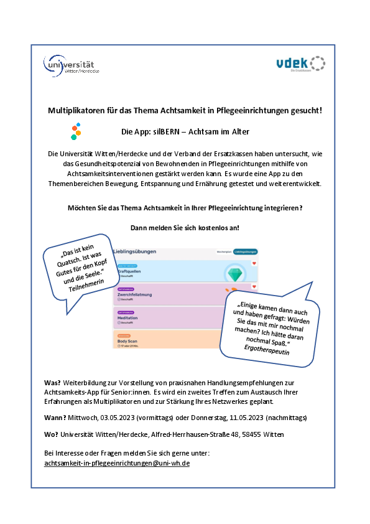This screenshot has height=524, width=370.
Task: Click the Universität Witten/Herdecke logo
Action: (72, 65)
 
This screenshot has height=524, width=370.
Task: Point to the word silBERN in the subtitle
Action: (165, 132)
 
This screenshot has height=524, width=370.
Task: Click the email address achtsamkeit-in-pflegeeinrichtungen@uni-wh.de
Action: (117, 464)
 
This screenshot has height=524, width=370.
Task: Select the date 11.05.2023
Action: (245, 416)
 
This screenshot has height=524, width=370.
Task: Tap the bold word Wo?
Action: (52, 435)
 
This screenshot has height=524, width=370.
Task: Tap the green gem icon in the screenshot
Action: (234, 274)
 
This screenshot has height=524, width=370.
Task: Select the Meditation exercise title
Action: (127, 318)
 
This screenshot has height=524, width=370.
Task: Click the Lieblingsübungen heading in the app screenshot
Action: (135, 251)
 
